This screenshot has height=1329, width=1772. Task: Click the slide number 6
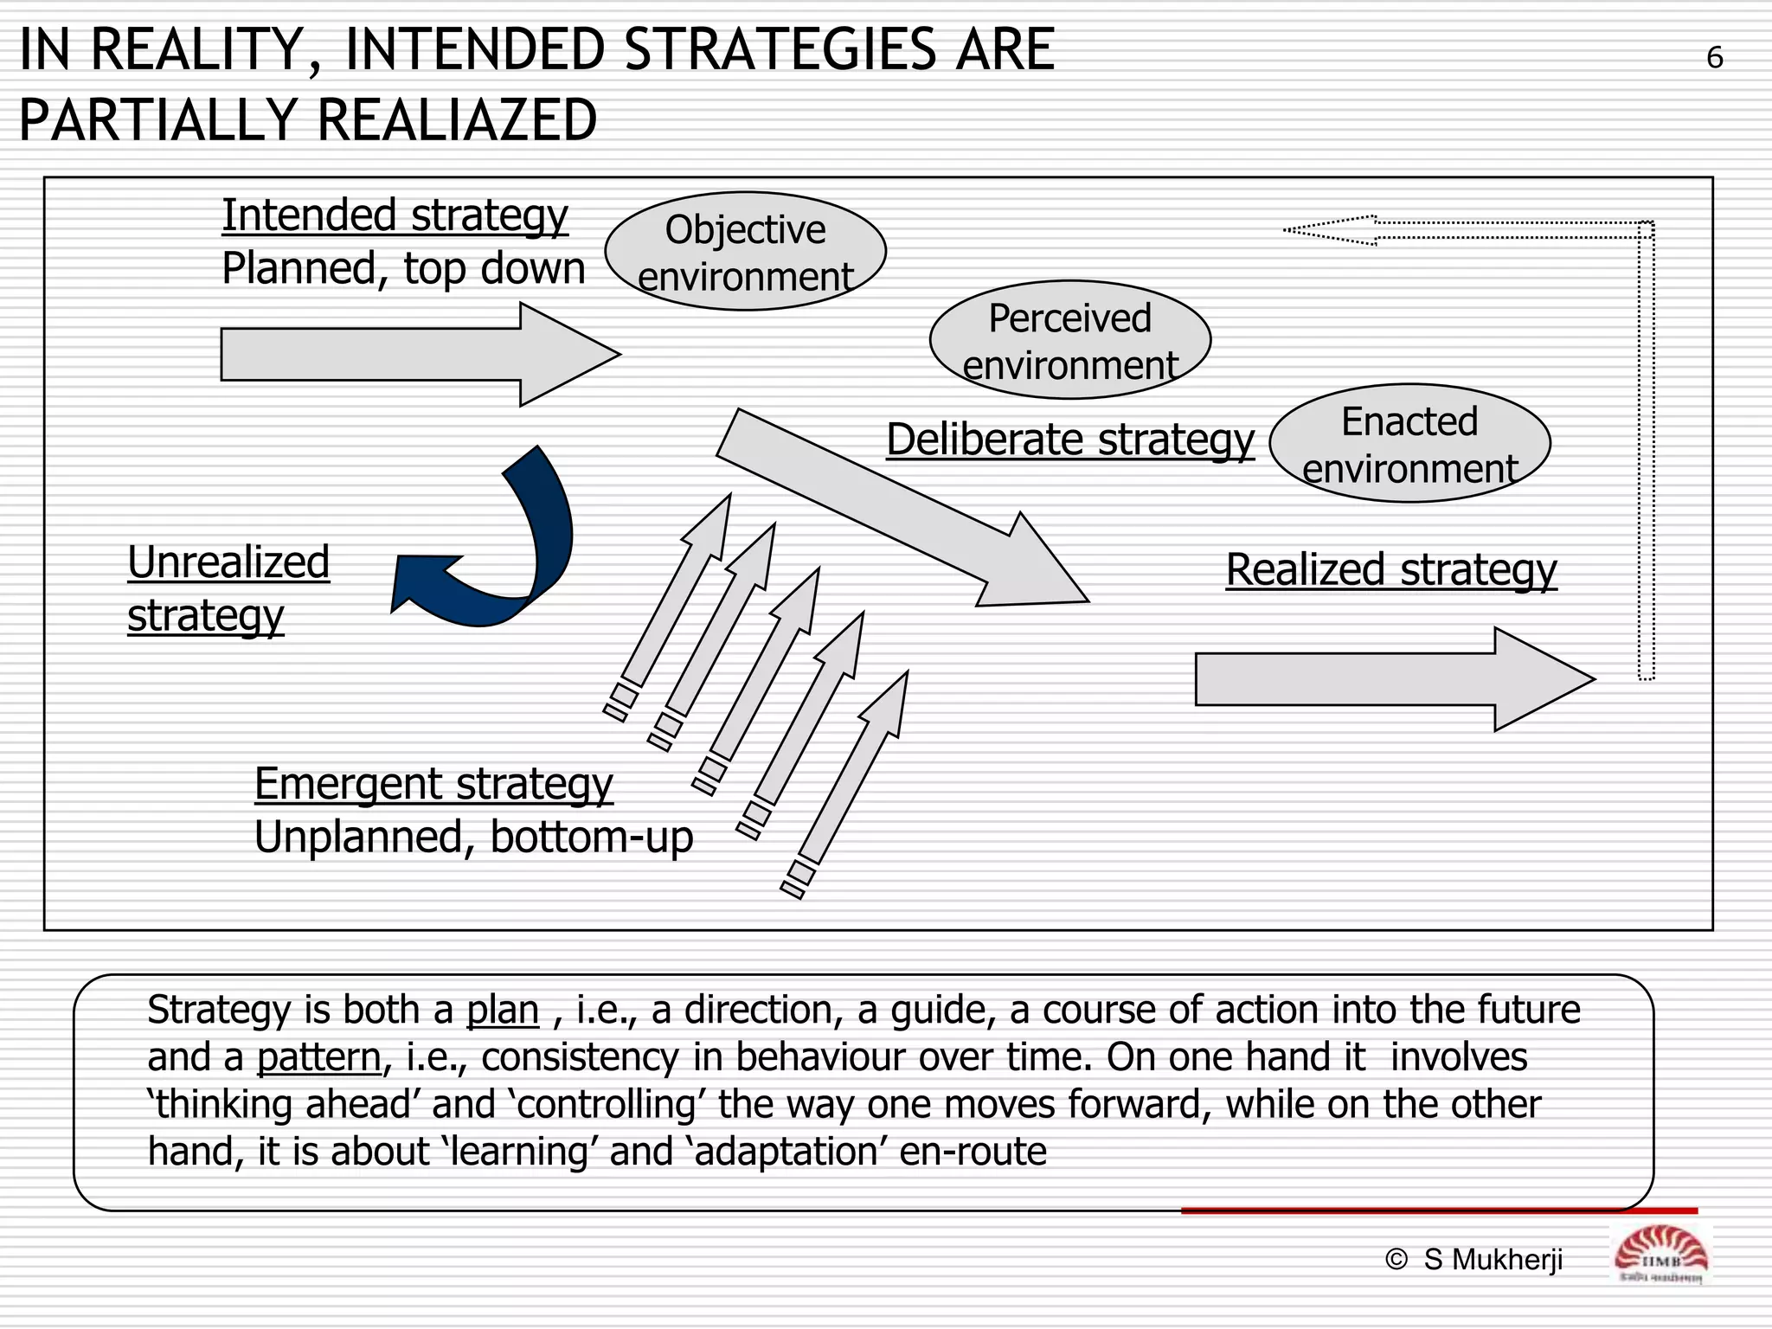1714,58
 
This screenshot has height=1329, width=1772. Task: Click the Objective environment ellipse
745,251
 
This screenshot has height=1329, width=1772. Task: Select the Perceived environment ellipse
1069,340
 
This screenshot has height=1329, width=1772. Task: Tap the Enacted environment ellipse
1409,444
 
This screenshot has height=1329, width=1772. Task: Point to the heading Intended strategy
395,215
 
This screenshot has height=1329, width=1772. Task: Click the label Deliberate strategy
1069,440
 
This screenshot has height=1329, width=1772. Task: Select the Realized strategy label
1390,570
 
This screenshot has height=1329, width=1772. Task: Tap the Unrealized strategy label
228,588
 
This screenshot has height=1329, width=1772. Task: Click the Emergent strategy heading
433,784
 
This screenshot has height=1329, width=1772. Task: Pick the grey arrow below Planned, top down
415,354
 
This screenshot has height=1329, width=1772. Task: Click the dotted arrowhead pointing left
1332,230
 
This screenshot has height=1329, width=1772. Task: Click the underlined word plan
503,1010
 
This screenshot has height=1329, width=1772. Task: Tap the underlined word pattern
318,1057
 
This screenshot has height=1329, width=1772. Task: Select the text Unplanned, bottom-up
473,838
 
